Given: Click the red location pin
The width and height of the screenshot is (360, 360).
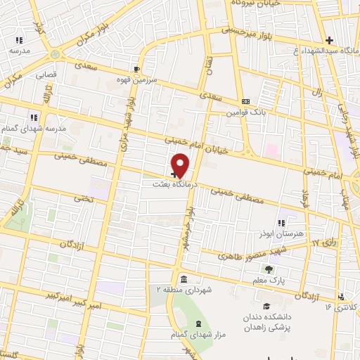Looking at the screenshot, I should [x=181, y=165].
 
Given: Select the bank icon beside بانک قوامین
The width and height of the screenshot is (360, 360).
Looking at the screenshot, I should [x=245, y=101].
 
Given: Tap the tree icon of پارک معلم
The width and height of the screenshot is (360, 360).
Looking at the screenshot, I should [x=267, y=269].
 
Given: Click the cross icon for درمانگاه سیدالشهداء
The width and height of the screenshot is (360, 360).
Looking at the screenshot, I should [x=328, y=40].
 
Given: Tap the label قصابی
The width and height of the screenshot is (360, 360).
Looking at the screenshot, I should [x=46, y=72].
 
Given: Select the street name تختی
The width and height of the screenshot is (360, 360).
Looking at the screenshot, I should [x=84, y=199].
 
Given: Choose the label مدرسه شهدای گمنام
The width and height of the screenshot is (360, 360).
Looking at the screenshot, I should [x=44, y=129].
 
